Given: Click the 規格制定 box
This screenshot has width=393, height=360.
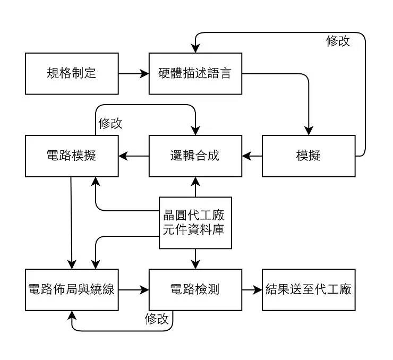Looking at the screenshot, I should [72, 73].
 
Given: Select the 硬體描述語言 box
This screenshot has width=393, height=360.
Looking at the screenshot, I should [195, 73].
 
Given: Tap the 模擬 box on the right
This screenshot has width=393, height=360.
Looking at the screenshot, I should [309, 156].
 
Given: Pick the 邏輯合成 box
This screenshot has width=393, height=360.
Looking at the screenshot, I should [195, 156].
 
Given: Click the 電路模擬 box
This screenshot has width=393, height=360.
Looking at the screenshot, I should [72, 156].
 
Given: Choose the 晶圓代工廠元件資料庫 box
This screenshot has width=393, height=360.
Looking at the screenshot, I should [195, 222].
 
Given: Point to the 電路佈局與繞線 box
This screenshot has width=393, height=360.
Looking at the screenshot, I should [72, 289].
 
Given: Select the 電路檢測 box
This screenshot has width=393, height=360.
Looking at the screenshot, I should [195, 289].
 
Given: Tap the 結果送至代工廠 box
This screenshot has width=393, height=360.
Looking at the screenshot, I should [309, 289].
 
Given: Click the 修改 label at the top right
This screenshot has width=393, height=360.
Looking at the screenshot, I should [338, 41].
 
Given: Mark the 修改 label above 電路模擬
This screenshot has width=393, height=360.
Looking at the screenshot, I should [110, 123].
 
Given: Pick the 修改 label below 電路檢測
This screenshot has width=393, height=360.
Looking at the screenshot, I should [157, 319].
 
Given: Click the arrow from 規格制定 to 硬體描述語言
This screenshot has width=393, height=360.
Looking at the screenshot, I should [134, 74].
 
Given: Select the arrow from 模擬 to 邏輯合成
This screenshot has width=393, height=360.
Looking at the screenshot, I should [252, 156].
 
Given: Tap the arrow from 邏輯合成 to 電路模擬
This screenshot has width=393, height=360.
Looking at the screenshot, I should [134, 156].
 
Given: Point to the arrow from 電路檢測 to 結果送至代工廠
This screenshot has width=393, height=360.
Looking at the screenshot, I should [252, 289].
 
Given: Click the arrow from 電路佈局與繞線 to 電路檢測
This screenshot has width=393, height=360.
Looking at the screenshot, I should [134, 289].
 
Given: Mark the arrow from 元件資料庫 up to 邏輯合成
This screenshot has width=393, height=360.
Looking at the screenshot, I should [195, 187].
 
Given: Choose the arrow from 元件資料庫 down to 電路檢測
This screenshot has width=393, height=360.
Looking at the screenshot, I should [195, 259].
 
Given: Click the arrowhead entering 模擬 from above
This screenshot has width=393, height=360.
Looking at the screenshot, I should [309, 131].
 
